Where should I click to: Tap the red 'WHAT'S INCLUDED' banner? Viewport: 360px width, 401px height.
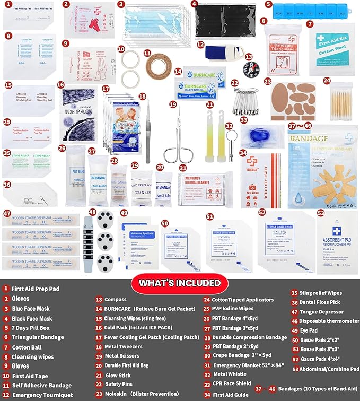180,283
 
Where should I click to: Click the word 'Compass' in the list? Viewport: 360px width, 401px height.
116,299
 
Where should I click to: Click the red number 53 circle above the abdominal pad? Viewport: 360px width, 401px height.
321,213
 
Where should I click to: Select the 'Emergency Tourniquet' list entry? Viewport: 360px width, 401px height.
42,395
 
